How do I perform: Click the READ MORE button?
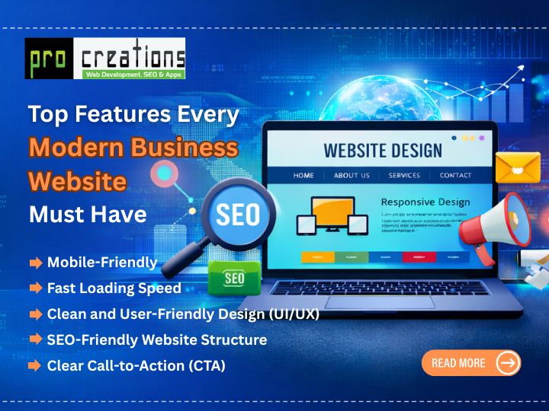[x=470, y=363]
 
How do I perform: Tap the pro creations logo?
[x=105, y=59]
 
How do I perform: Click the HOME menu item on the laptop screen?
[x=303, y=175]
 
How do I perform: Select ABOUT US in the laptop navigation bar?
[x=352, y=175]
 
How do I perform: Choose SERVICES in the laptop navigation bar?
[x=404, y=175]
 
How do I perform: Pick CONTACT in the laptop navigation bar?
[x=455, y=175]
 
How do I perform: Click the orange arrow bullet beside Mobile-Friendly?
[x=36, y=263]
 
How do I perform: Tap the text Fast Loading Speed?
[x=114, y=288]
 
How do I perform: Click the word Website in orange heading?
[x=77, y=181]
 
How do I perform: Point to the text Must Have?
[x=88, y=215]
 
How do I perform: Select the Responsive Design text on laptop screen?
[x=425, y=202]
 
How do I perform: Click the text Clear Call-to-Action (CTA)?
[x=136, y=365]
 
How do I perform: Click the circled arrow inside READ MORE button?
[x=508, y=363]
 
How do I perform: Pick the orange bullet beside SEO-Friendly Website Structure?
[x=36, y=339]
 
